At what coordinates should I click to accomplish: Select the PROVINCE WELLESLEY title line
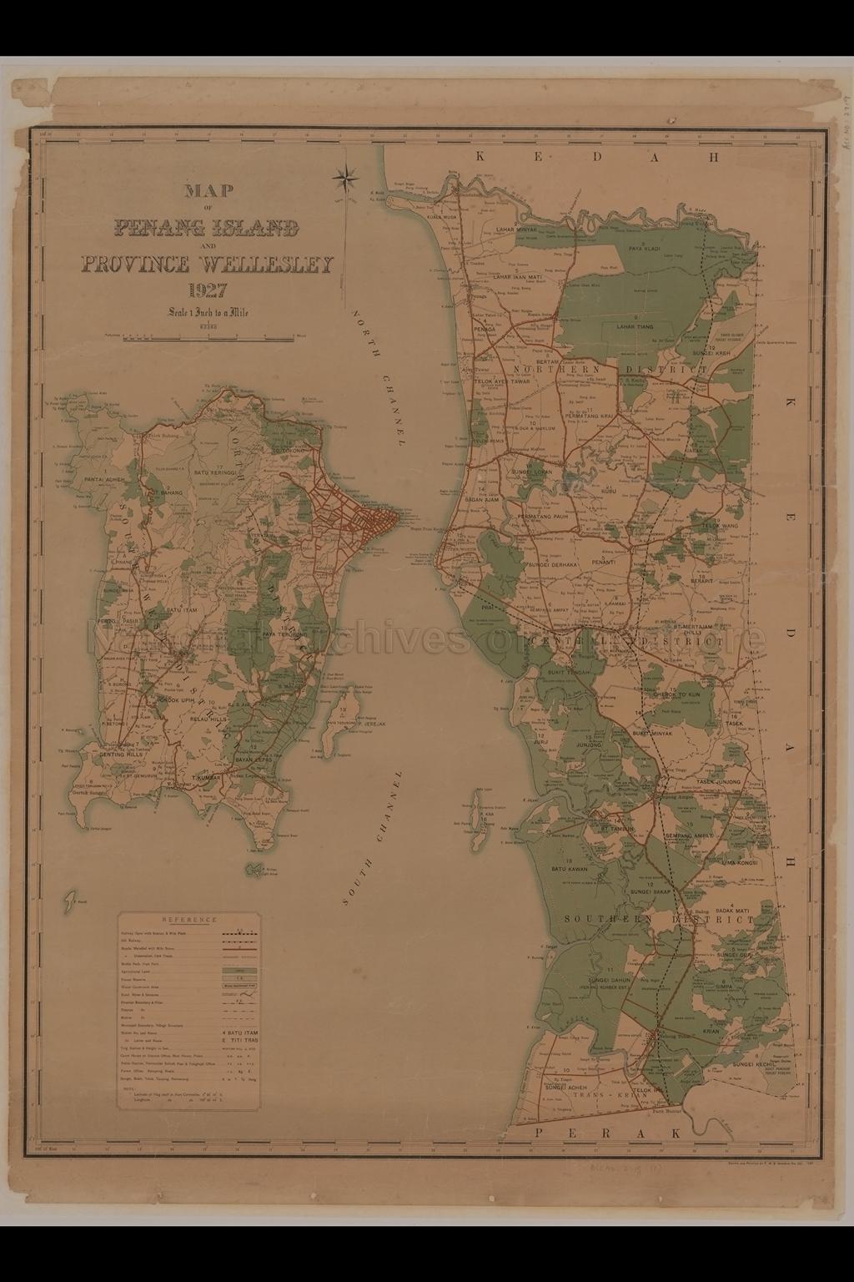(207, 265)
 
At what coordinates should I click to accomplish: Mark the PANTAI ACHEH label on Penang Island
(104, 481)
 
